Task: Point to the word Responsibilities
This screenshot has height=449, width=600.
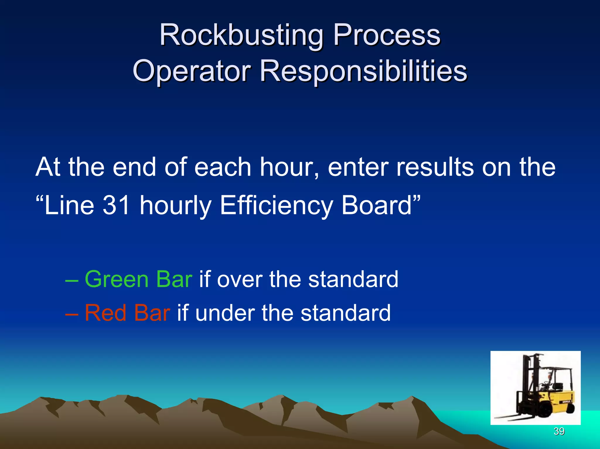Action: pyautogui.click(x=363, y=71)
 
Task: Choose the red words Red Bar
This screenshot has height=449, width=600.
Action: pyautogui.click(x=127, y=313)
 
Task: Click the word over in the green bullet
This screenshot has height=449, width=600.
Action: pyautogui.click(x=238, y=279)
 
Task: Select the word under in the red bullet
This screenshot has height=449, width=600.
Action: pyautogui.click(x=224, y=313)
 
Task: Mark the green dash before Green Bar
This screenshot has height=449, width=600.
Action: pyautogui.click(x=72, y=280)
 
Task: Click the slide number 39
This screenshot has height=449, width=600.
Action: pyautogui.click(x=559, y=431)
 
